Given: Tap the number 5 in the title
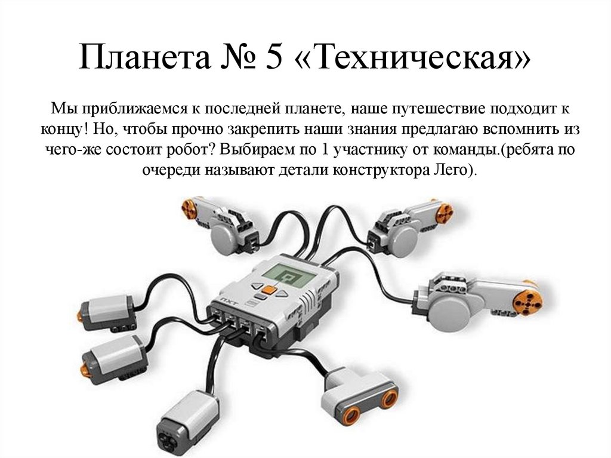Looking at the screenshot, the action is click(x=274, y=57).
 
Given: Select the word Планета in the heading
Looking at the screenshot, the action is click(x=144, y=57).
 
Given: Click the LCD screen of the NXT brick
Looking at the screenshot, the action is click(x=289, y=274).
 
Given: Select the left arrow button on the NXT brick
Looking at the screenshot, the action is click(x=257, y=285).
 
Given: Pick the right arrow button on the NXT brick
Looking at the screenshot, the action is click(x=282, y=294).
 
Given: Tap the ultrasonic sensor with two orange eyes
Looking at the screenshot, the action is click(x=359, y=394).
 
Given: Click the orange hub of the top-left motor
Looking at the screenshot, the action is click(x=189, y=208).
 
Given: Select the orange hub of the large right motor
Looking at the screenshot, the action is click(x=527, y=301).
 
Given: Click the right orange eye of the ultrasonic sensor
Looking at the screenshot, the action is click(x=388, y=396).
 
